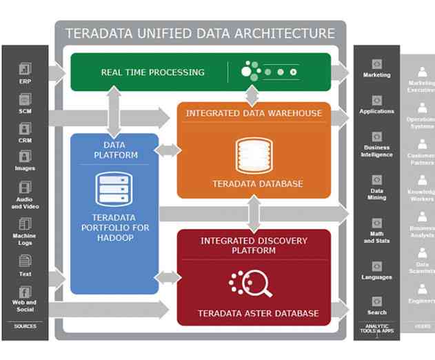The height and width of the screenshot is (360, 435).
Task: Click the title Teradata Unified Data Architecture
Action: tap(200, 33)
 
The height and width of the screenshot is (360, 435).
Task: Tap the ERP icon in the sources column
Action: tap(25, 69)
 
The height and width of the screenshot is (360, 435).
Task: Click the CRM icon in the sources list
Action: tap(25, 128)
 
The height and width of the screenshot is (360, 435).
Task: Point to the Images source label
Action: tap(25, 168)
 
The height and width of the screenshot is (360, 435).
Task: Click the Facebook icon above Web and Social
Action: tap(25, 292)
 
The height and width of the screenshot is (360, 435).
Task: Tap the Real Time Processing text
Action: tap(152, 72)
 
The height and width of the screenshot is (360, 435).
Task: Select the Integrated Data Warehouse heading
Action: tap(254, 112)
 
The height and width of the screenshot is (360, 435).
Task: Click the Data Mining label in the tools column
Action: tap(376, 194)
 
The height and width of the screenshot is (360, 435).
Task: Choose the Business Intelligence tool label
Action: tap(376, 151)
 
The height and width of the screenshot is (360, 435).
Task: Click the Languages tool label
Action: tap(376, 277)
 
